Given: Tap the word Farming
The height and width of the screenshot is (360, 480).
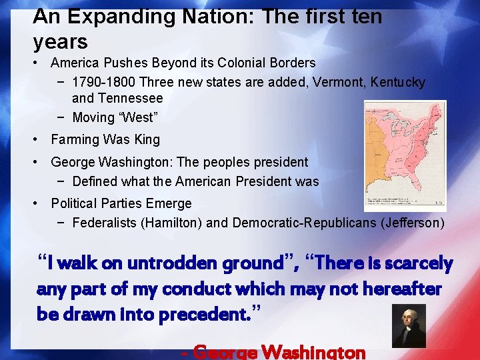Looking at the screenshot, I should pos(75,139).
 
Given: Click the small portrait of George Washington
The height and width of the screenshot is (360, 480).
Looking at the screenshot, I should pos(408,325).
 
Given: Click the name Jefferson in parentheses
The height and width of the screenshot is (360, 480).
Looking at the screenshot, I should pos(412,222).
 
